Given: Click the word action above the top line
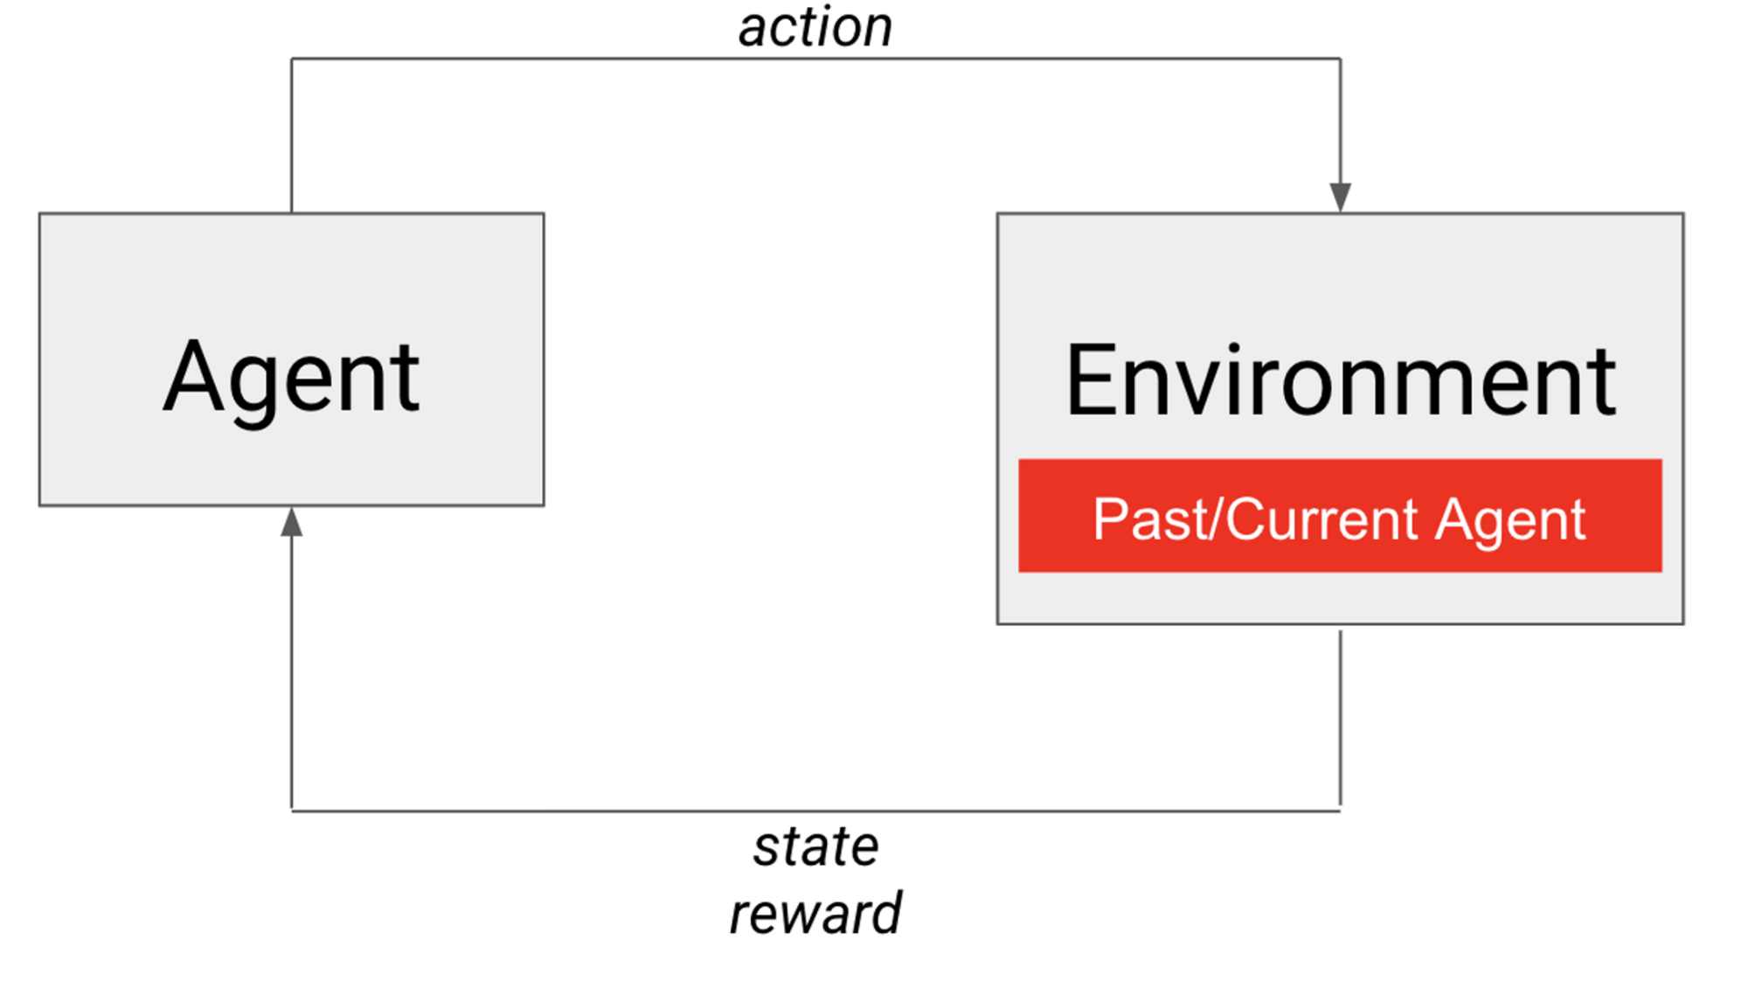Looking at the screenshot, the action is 815,28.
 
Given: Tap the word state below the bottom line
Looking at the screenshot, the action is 816,847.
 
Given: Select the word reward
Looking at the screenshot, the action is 815,914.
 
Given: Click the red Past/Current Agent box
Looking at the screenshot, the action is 1340,516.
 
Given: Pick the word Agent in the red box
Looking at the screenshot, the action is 1511,520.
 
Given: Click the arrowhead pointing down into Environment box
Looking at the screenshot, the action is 1341,198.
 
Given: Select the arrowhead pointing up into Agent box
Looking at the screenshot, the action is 292,522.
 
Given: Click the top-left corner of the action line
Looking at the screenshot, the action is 292,59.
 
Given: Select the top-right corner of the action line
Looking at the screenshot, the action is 1341,59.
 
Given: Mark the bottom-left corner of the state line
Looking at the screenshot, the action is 292,811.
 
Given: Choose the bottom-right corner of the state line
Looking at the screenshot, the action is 1341,811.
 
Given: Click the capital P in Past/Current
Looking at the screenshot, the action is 1111,519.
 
